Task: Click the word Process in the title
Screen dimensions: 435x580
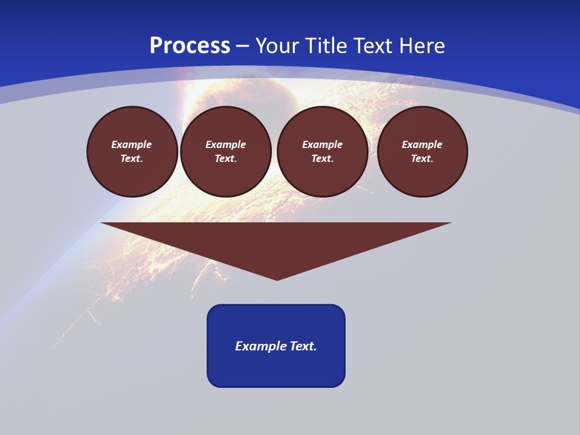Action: (x=190, y=46)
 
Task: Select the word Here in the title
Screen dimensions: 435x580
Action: (x=422, y=46)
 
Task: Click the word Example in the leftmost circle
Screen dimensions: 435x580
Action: (x=132, y=144)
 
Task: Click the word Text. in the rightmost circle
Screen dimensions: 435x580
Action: (x=422, y=158)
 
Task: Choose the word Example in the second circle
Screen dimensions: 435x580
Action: (x=226, y=144)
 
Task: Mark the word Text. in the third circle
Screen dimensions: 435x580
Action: (x=323, y=158)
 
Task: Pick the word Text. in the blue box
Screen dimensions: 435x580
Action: (x=303, y=346)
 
